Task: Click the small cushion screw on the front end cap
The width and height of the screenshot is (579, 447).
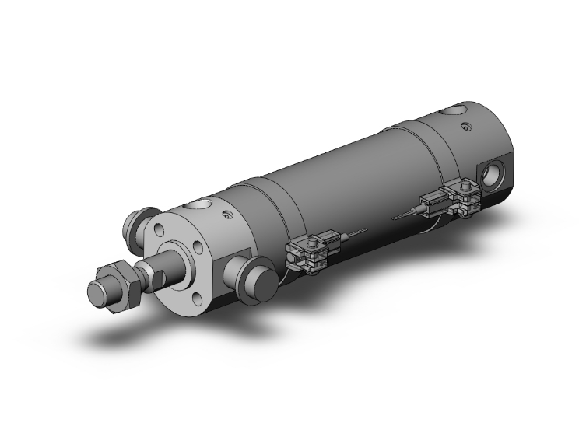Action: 226,218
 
